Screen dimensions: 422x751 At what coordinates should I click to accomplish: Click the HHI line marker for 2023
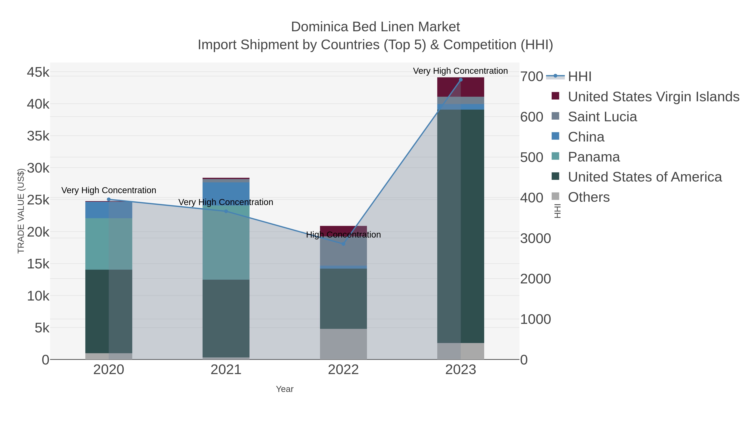tap(461, 80)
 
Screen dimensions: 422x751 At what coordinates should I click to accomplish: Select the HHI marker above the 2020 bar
tap(109, 199)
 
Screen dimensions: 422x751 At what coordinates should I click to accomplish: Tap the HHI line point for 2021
tap(226, 211)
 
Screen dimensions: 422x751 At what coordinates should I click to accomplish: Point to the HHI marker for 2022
tap(343, 244)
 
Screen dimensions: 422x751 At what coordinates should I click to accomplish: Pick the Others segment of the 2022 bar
tap(343, 344)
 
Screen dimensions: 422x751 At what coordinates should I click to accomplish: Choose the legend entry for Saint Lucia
tap(602, 117)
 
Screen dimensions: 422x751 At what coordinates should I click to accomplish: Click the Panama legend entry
tap(593, 157)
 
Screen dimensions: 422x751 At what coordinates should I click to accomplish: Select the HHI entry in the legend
tap(580, 77)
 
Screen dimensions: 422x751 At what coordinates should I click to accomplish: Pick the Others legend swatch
tap(555, 197)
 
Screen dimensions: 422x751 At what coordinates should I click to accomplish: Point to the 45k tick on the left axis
tap(38, 72)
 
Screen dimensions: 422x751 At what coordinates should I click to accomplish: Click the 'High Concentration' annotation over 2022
tap(343, 235)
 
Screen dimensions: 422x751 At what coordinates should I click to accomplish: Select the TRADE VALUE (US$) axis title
tap(21, 211)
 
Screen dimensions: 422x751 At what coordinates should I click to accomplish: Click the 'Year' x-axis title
tap(285, 389)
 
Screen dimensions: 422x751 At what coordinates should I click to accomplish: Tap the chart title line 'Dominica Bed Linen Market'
tap(375, 27)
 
